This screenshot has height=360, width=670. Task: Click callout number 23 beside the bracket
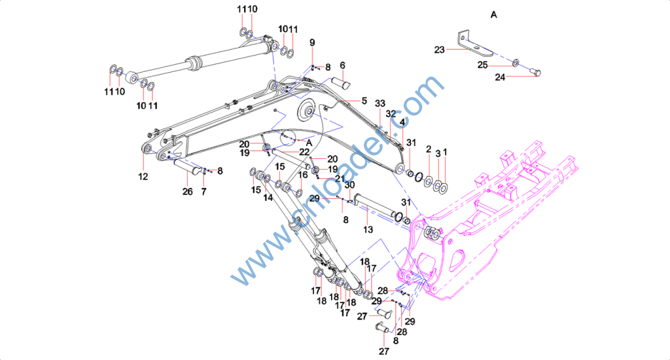[439, 50]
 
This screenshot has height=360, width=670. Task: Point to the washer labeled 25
[516, 62]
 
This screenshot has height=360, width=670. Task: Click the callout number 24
[500, 77]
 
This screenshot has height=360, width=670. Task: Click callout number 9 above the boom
[312, 43]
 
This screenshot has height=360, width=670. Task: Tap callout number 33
[380, 104]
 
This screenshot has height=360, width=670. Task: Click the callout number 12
[143, 176]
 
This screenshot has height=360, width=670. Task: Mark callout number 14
[268, 198]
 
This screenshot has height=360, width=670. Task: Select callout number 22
[304, 152]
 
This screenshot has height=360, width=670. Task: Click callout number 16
[304, 175]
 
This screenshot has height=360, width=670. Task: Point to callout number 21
[339, 179]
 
